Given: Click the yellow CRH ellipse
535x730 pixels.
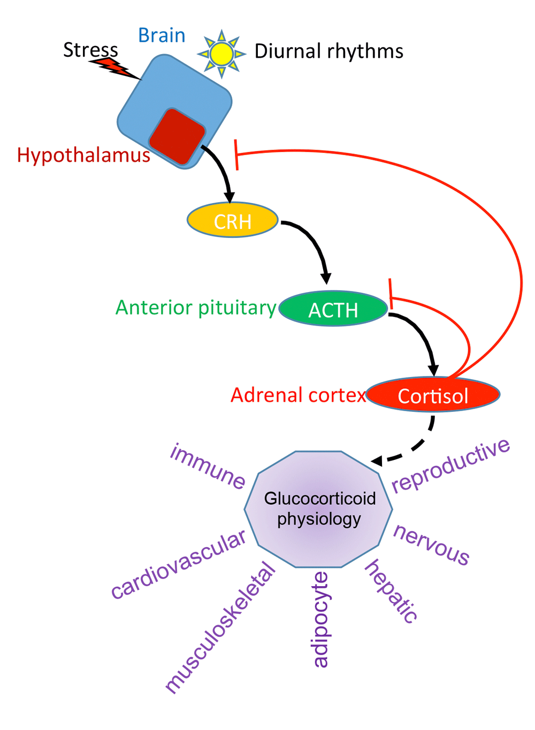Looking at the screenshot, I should pyautogui.click(x=232, y=220).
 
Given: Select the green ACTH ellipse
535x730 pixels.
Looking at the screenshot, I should pyautogui.click(x=333, y=309).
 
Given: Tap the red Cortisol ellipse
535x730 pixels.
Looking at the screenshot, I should pyautogui.click(x=433, y=395).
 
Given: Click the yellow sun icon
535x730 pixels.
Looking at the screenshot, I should pyautogui.click(x=221, y=53).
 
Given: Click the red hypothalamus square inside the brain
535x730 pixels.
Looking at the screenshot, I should pyautogui.click(x=177, y=136).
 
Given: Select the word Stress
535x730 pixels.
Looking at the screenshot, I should pyautogui.click(x=90, y=50).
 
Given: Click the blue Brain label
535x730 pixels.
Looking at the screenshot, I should pyautogui.click(x=162, y=35).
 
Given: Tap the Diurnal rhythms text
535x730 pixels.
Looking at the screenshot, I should pyautogui.click(x=328, y=51).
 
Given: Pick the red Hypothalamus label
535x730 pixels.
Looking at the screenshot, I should pyautogui.click(x=83, y=155).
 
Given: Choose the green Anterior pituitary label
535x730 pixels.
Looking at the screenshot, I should pyautogui.click(x=196, y=308).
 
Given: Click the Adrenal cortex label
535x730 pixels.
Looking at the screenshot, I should pyautogui.click(x=298, y=395).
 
